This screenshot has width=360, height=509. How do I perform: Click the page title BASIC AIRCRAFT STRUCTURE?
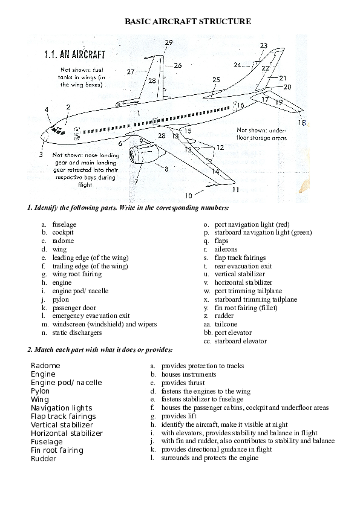pyautogui.click(x=188, y=21)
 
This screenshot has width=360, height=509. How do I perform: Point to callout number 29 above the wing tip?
pyautogui.click(x=168, y=42)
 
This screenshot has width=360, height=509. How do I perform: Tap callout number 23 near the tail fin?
pyautogui.click(x=263, y=46)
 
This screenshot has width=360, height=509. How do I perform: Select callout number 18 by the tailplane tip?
pyautogui.click(x=302, y=123)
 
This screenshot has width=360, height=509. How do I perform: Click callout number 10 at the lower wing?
pyautogui.click(x=189, y=195)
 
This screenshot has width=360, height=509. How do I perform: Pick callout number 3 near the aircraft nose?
pyautogui.click(x=41, y=155)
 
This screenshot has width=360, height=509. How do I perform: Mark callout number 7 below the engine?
pyautogui.click(x=137, y=181)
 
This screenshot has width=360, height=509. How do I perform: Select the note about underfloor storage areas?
pyautogui.click(x=262, y=134)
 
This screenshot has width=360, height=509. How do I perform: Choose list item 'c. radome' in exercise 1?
pyautogui.click(x=59, y=241)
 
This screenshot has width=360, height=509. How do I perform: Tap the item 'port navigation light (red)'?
pyautogui.click(x=247, y=224)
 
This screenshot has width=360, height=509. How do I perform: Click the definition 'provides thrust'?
pyautogui.click(x=183, y=383)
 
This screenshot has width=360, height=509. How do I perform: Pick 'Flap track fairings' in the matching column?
pyautogui.click(x=64, y=417)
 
